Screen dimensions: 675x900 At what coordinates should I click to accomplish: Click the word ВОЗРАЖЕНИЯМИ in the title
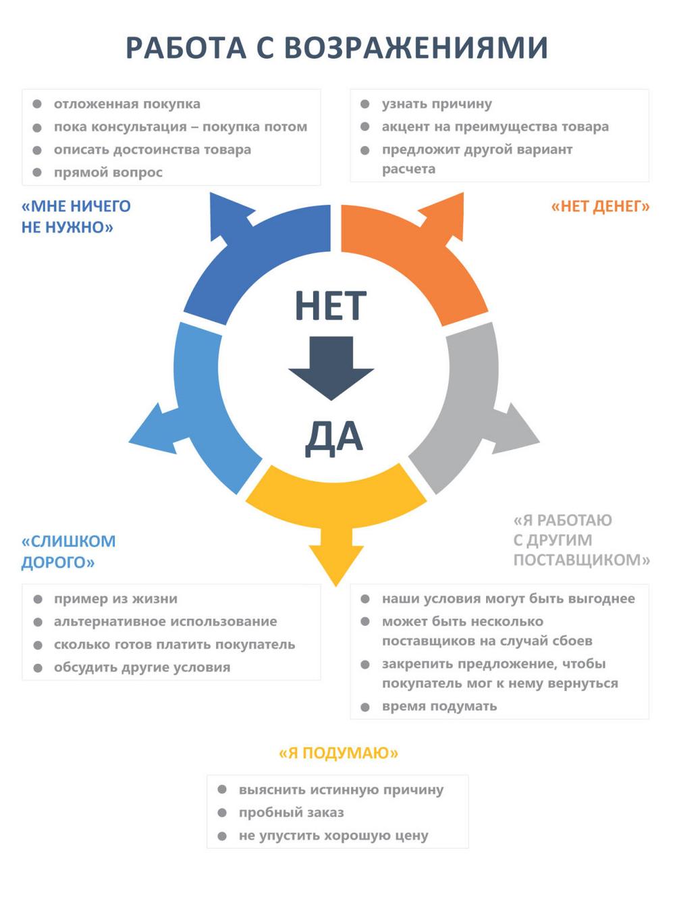pos(416,47)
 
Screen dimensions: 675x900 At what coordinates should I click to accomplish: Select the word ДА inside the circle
pos(333,438)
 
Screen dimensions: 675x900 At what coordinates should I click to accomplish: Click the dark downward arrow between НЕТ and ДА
pos(331,368)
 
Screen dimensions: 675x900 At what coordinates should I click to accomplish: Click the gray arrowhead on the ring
pos(516,431)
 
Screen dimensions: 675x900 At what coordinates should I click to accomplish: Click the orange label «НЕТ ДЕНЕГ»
pos(600,206)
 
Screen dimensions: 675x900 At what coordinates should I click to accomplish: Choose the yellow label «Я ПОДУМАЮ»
pos(339,753)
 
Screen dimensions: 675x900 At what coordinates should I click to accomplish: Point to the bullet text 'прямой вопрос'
pos(108,173)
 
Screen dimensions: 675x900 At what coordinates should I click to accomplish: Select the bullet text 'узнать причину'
pos(437,104)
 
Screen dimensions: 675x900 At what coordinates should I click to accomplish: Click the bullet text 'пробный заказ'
pos(292,812)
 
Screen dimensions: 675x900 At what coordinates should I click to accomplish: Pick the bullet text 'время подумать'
pos(439,706)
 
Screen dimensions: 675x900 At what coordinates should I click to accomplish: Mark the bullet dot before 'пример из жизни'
pos(38,600)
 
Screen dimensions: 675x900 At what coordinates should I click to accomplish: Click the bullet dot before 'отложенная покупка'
pos(37,104)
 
